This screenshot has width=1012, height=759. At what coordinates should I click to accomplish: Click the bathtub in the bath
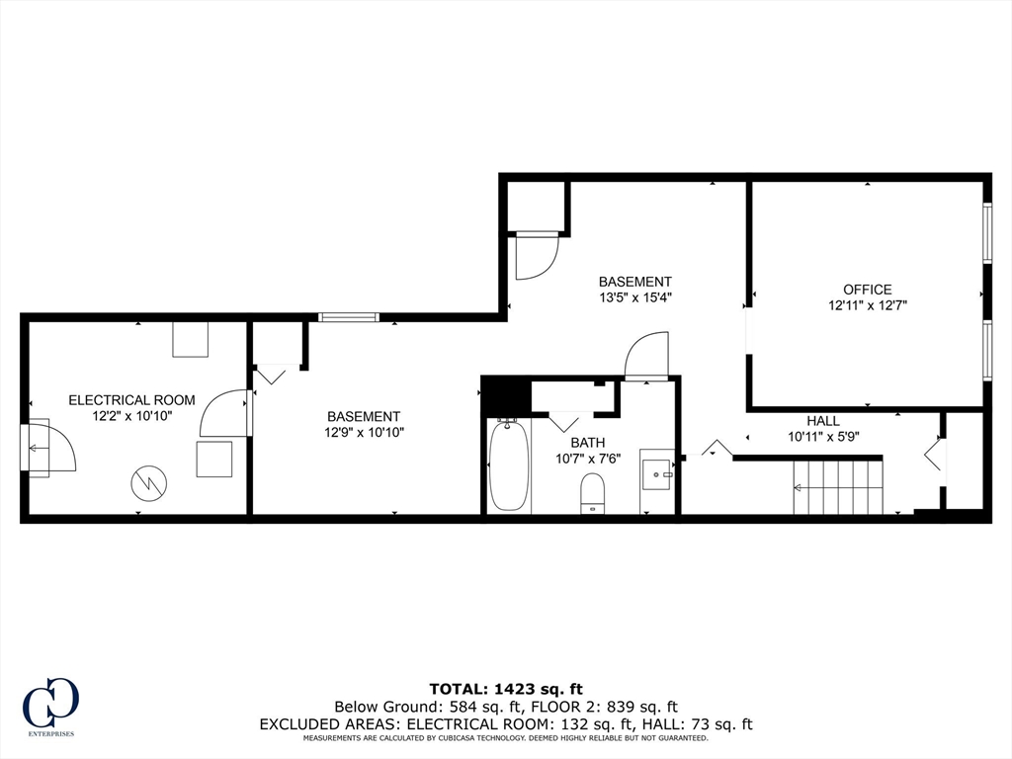509,464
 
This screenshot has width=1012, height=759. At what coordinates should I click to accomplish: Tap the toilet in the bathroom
592,493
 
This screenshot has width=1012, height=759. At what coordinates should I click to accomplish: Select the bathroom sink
657,474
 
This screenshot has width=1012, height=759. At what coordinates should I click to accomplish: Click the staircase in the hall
838,487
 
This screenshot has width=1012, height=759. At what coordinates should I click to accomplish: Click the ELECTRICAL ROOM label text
131,400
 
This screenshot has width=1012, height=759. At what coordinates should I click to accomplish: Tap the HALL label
822,421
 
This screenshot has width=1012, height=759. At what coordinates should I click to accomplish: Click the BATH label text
587,443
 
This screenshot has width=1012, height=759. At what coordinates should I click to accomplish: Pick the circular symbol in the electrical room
149,482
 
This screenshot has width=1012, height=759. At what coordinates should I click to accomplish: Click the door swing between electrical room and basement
223,414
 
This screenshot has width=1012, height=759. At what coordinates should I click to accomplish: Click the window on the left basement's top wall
349,317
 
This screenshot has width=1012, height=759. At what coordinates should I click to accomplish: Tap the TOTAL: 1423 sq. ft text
505,688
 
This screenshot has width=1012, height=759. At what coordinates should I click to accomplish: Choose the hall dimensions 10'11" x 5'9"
822,437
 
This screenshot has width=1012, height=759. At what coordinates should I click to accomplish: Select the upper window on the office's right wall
986,233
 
